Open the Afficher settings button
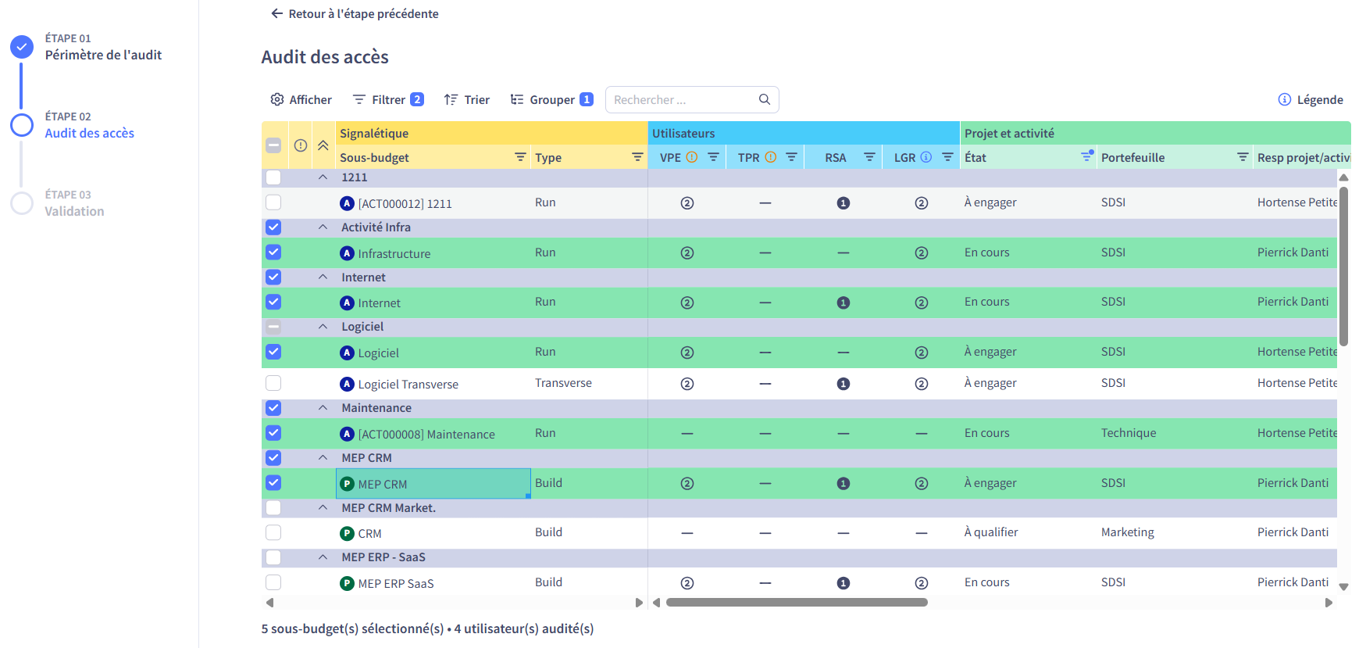click(301, 99)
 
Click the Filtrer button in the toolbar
click(387, 99)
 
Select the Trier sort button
click(466, 99)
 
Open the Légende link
click(1311, 99)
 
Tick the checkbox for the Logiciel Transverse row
click(273, 383)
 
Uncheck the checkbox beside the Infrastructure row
click(273, 252)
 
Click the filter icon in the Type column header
click(637, 157)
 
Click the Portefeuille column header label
click(1132, 157)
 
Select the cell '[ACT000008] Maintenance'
click(426, 434)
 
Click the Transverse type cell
click(563, 383)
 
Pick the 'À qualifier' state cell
click(991, 532)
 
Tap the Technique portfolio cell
click(1129, 433)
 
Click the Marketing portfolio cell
click(1128, 532)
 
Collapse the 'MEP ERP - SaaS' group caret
click(323, 557)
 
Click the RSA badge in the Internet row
click(843, 303)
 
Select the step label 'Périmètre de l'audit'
click(103, 55)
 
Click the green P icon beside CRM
click(348, 533)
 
